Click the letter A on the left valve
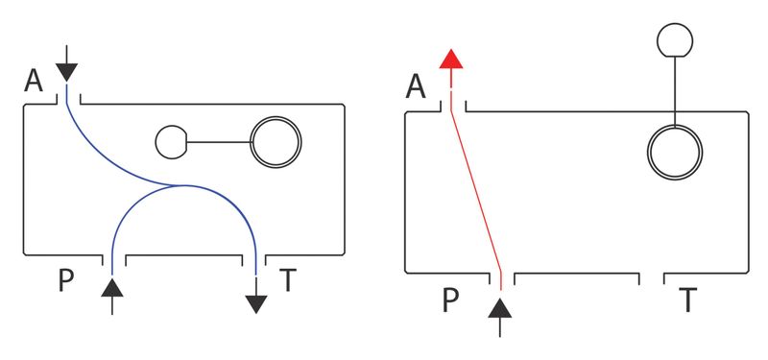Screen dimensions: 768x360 pos(34,82)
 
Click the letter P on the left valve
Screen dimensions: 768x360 pos(65,280)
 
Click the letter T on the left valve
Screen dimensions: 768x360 pos(289,280)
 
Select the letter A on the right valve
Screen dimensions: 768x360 pos(416,87)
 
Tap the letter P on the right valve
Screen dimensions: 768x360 pos(450,300)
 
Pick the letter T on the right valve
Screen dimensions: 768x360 pos(687,300)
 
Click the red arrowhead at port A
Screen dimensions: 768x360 pos(450,59)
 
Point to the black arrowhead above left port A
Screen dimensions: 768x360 pos(66,73)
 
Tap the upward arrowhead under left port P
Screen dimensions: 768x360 pos(112,287)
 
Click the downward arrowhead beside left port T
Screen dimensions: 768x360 pos(256,304)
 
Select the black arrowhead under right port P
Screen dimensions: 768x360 pos(499,308)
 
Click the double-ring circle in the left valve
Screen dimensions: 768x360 pos(276,118)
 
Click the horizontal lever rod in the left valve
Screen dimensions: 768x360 pos(219,142)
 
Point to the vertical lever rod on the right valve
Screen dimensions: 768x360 pos(675,91)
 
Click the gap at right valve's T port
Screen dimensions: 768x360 pos(652,278)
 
